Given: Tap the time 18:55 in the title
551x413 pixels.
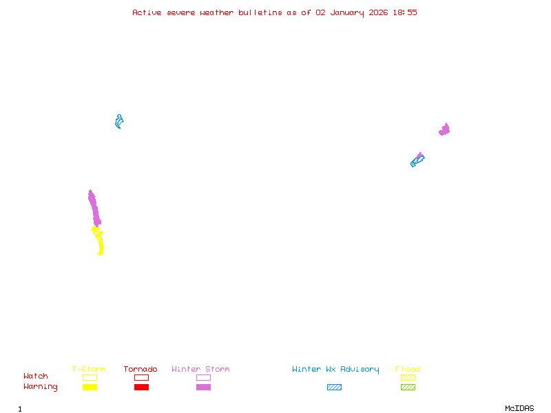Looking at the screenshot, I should coord(404,12).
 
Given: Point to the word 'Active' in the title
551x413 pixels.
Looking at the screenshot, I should coord(147,12).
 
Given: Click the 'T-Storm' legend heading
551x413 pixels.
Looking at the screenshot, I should coord(89,370).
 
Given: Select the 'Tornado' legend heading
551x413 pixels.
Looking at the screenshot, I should coord(141,370).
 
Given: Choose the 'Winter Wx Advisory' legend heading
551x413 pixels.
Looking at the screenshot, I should coord(335,370).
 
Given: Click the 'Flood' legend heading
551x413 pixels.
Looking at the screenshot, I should coord(408,370).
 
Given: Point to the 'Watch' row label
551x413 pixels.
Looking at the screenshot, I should coord(36,377).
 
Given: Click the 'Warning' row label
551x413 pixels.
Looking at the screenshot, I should coord(41,387).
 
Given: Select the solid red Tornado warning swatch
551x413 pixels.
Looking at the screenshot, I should coord(141,388).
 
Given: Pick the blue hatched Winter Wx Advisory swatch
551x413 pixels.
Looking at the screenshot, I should coord(334,388).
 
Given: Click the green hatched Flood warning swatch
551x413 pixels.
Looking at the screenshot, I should coord(408,388).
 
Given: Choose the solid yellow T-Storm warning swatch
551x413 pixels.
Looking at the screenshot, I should coord(90,388).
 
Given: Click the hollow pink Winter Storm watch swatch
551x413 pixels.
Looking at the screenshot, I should coord(203,377).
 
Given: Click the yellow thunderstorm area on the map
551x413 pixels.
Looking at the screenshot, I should coord(99,241).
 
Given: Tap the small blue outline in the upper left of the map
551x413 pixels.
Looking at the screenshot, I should coord(119,122).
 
